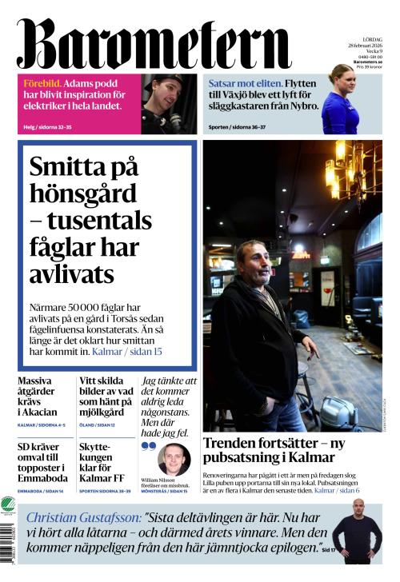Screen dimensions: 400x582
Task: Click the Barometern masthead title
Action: (x=152, y=42)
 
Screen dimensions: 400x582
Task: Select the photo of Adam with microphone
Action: (x=168, y=104)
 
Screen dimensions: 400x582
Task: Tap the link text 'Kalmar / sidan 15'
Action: (x=129, y=351)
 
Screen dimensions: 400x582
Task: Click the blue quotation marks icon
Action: (x=148, y=447)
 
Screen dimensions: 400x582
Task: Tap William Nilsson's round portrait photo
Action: (x=174, y=459)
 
